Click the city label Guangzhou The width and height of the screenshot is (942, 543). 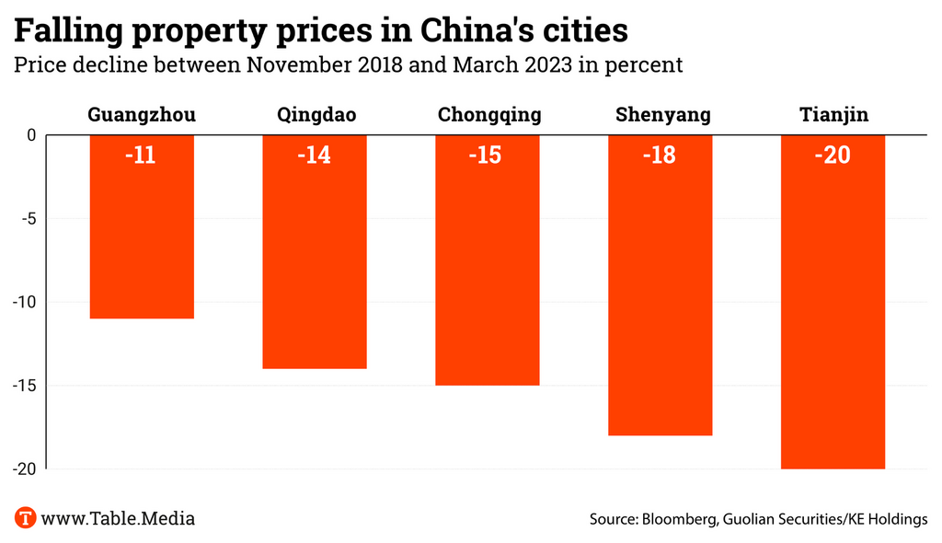click(x=142, y=115)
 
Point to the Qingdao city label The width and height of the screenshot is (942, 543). click(x=315, y=115)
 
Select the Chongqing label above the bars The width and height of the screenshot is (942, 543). click(x=489, y=115)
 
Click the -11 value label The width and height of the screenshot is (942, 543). click(x=140, y=155)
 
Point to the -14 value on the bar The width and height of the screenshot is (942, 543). click(x=314, y=155)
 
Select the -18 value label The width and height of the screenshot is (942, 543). click(x=660, y=155)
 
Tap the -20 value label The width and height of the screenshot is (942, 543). click(x=833, y=155)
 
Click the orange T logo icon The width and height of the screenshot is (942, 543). click(x=25, y=518)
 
